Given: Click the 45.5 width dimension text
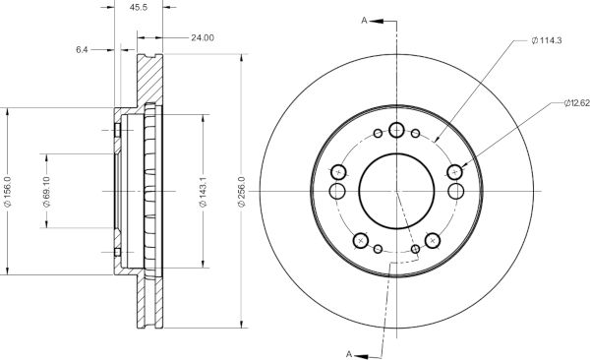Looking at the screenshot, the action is [x=138, y=7].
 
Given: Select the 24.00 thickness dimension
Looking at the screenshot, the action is [x=203, y=37].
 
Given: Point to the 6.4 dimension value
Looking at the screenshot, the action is [x=82, y=49].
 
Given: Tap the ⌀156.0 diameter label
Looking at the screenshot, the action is [x=8, y=191].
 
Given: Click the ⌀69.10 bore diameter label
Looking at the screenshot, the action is [x=46, y=191].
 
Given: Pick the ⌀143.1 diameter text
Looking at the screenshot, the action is [x=203, y=191].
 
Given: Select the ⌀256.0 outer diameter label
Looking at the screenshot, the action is [x=242, y=191].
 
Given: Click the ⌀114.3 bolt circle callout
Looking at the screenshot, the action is [x=547, y=40].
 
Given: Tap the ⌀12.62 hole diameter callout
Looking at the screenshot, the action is [x=577, y=103].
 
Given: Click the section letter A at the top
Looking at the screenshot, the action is [x=364, y=21].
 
